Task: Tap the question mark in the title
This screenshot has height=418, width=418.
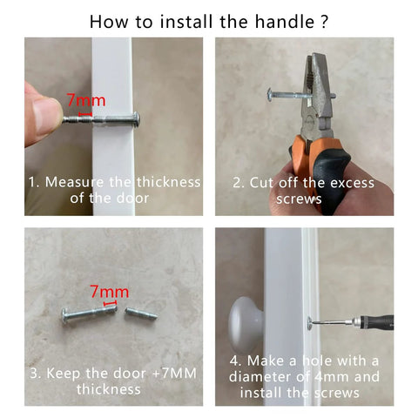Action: click(325, 22)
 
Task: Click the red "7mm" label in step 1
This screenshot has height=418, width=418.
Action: click(86, 100)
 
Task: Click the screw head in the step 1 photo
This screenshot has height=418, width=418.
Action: click(137, 118)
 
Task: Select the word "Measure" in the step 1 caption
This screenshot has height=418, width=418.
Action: click(74, 182)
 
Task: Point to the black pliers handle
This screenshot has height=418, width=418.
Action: click(331, 177)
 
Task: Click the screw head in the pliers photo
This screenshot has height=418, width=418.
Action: click(269, 95)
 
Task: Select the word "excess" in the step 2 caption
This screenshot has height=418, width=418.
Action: click(352, 183)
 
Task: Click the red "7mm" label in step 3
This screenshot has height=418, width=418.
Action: click(109, 292)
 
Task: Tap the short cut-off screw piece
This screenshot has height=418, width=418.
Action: click(141, 313)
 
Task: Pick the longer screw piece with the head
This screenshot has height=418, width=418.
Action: click(90, 313)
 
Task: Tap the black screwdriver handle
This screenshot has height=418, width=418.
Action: click(377, 322)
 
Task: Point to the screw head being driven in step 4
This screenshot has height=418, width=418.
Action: click(309, 324)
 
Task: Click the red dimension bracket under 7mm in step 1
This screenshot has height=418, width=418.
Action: click(85, 113)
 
